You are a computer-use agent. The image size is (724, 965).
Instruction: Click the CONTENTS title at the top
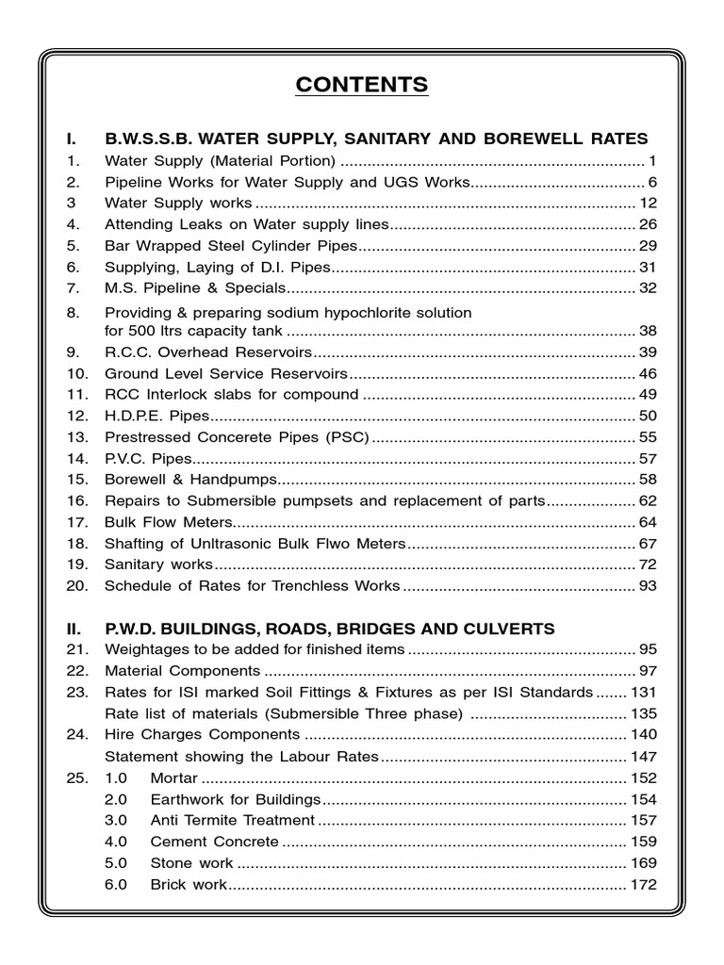pyautogui.click(x=362, y=85)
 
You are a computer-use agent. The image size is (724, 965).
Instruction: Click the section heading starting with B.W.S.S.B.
pyautogui.click(x=377, y=139)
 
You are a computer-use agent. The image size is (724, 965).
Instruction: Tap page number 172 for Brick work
pyautogui.click(x=644, y=885)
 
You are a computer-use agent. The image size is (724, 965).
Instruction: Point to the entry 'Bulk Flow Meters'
pyautogui.click(x=168, y=522)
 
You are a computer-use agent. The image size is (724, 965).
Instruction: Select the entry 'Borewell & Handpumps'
pyautogui.click(x=185, y=480)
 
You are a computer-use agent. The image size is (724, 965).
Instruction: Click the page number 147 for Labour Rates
pyautogui.click(x=644, y=756)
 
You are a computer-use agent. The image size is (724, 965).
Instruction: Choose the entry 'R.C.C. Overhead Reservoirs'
pyautogui.click(x=207, y=352)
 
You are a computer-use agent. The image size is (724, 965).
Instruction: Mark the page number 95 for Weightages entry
pyautogui.click(x=648, y=650)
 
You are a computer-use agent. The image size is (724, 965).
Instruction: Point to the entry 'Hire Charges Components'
pyautogui.click(x=202, y=734)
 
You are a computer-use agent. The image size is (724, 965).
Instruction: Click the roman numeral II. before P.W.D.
pyautogui.click(x=74, y=629)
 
